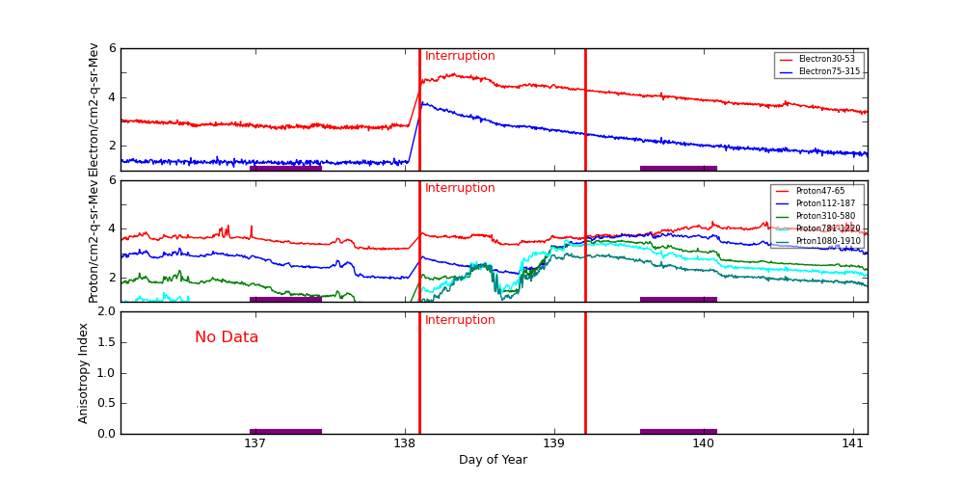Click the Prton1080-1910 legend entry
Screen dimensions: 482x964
[827, 241]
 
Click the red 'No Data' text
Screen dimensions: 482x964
[227, 337]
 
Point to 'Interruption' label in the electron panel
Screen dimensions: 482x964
[460, 56]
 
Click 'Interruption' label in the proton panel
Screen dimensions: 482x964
[460, 188]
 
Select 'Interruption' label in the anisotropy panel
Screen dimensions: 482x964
[460, 320]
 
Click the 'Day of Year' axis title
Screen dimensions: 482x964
[493, 460]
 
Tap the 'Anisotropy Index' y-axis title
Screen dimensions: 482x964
[84, 373]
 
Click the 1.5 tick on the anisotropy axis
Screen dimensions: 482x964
[107, 342]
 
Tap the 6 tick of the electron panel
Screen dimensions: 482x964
[112, 48]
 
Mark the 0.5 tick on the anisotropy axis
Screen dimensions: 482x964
[107, 403]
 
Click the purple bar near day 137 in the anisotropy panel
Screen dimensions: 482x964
[285, 431]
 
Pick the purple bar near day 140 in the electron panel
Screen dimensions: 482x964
[678, 168]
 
